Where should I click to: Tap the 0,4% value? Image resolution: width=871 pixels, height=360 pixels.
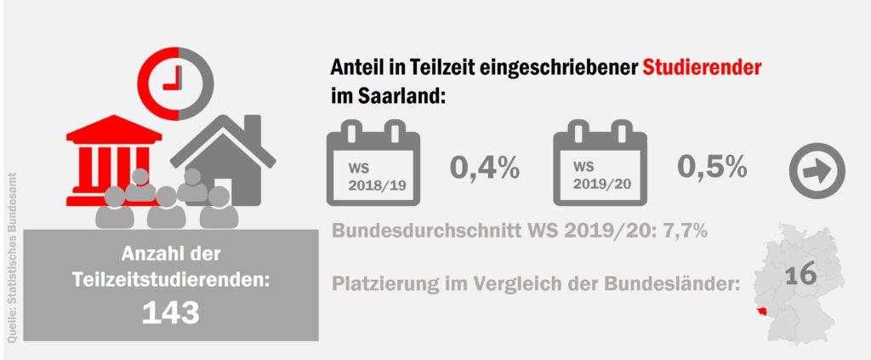coord(484,168)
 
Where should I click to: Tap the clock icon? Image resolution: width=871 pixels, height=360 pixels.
coord(178,77)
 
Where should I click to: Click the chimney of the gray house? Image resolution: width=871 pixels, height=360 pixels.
coord(252,129)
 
